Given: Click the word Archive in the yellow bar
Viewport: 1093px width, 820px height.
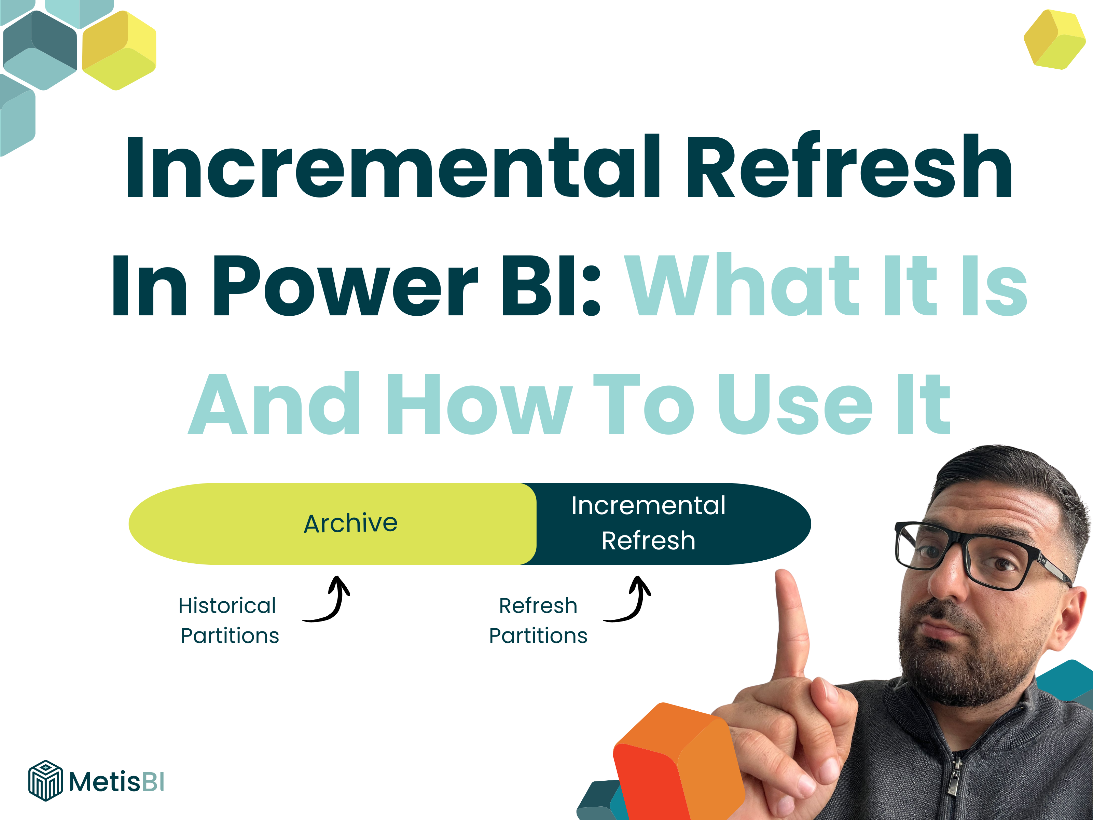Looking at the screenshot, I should pos(350,523).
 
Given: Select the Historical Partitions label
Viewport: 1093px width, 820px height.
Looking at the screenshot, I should pos(228,620).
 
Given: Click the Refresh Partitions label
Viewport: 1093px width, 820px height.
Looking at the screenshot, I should pos(538,620).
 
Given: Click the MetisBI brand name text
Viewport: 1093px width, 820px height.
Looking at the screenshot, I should pos(116,782).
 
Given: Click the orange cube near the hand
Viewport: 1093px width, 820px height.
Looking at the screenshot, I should pos(677,761).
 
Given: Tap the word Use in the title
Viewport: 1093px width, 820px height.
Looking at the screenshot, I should pos(795,404).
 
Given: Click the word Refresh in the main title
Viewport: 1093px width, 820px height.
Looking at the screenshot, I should pos(850,167).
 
